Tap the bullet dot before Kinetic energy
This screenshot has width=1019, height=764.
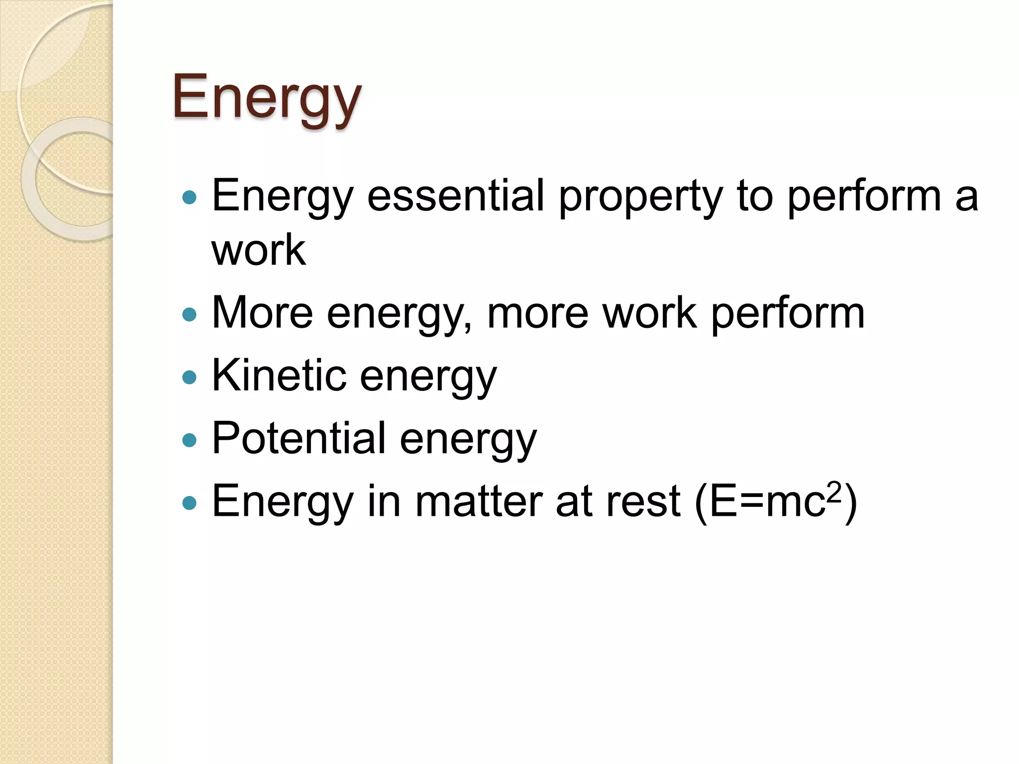click(x=190, y=377)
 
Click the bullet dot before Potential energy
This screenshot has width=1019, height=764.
click(x=190, y=440)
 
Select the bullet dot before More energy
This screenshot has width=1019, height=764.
click(x=190, y=314)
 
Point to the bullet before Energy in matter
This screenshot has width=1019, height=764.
click(x=190, y=503)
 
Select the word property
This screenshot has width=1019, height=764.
click(x=640, y=197)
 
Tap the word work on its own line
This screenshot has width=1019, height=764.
click(x=258, y=250)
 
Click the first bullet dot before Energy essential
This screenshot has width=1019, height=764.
click(x=190, y=198)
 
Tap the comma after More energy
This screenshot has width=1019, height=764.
click(x=467, y=326)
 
